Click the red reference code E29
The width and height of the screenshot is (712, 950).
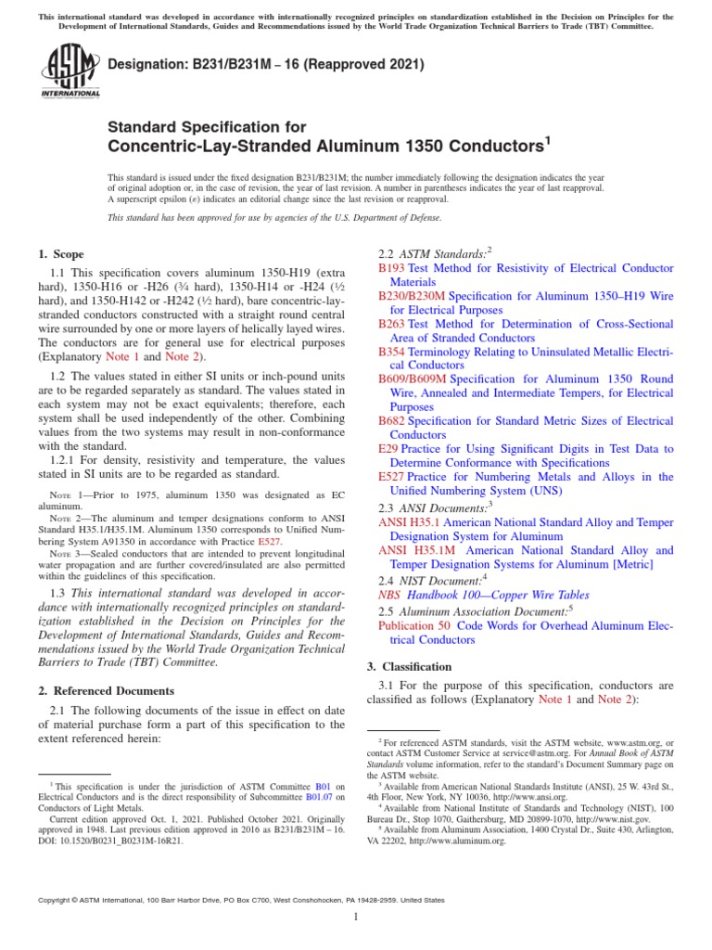pos(388,449)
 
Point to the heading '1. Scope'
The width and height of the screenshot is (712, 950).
pos(60,254)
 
